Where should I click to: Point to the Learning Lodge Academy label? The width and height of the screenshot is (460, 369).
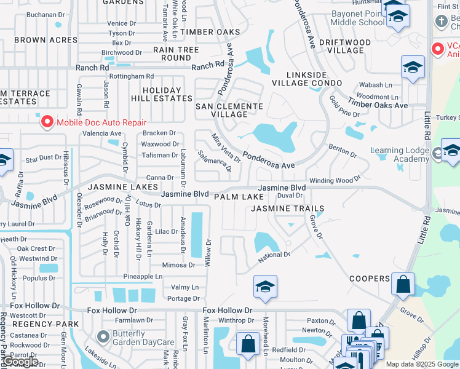click(x=400, y=154)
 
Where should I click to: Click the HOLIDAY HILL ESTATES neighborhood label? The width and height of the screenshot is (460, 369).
click(x=161, y=93)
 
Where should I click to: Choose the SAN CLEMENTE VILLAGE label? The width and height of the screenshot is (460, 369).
click(x=229, y=110)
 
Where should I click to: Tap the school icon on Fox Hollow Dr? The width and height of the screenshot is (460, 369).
click(x=265, y=287)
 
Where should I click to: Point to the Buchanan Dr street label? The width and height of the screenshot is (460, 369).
click(x=45, y=14)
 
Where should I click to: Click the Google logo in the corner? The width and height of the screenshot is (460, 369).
click(x=20, y=362)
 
